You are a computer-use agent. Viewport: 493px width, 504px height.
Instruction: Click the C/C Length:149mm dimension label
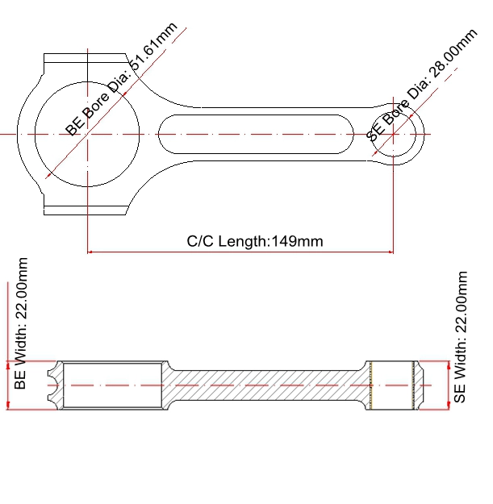click(255, 241)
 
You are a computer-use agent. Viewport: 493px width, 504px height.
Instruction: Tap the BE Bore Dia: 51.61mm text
click(121, 79)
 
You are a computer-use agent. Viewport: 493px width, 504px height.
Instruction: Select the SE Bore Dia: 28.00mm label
click(422, 85)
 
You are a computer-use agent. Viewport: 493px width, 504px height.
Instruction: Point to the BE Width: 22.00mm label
click(20, 323)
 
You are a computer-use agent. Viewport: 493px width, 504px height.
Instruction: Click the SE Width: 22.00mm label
click(460, 337)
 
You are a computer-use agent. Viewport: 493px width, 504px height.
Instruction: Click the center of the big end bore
click(87, 134)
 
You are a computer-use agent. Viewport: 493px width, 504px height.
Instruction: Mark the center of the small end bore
click(393, 134)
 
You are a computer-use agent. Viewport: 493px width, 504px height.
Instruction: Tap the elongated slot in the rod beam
click(256, 134)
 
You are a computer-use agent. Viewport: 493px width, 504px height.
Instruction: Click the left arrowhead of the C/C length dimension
click(90, 252)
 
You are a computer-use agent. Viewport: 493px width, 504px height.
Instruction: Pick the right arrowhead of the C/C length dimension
click(391, 252)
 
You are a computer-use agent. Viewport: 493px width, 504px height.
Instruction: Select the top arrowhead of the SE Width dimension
click(449, 364)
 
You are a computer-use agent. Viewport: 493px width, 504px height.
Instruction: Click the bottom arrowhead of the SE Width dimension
click(449, 407)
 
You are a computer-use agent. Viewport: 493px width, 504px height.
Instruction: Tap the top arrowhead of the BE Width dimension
click(8, 364)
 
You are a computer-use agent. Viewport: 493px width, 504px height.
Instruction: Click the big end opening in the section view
click(112, 385)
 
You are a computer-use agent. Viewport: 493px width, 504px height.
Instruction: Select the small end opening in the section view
click(392, 385)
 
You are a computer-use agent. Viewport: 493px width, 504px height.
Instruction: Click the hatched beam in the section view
click(267, 385)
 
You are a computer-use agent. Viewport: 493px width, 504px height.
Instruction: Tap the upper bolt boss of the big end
click(85, 58)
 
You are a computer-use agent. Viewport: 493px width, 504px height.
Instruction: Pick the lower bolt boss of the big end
click(85, 210)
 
